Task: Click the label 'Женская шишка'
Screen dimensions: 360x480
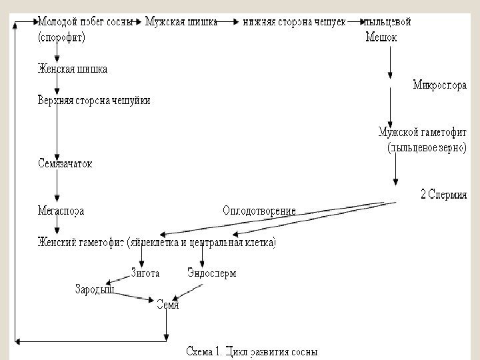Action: pyautogui.click(x=73, y=69)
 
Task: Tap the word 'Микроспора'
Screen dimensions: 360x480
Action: pyautogui.click(x=439, y=85)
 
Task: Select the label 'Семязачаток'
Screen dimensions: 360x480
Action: pyautogui.click(x=65, y=163)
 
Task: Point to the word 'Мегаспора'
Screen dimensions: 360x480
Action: pyautogui.click(x=61, y=211)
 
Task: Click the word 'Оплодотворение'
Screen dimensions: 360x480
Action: pyautogui.click(x=259, y=211)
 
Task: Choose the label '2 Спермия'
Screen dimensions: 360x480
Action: pyautogui.click(x=443, y=195)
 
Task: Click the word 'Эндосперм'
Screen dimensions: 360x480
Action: pyautogui.click(x=212, y=273)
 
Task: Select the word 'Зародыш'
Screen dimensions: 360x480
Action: pyautogui.click(x=94, y=289)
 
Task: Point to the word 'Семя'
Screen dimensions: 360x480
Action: pyautogui.click(x=167, y=305)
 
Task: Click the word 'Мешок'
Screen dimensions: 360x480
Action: pyautogui.click(x=381, y=37)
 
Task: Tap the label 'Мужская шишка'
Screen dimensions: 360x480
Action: pyautogui.click(x=181, y=21)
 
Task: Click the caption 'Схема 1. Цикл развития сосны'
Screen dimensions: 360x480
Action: pyautogui.click(x=251, y=351)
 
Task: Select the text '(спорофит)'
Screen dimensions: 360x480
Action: pyautogui.click(x=61, y=37)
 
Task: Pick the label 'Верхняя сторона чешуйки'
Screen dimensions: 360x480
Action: pyautogui.click(x=94, y=101)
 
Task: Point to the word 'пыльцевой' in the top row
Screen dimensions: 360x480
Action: pyautogui.click(x=387, y=21)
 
